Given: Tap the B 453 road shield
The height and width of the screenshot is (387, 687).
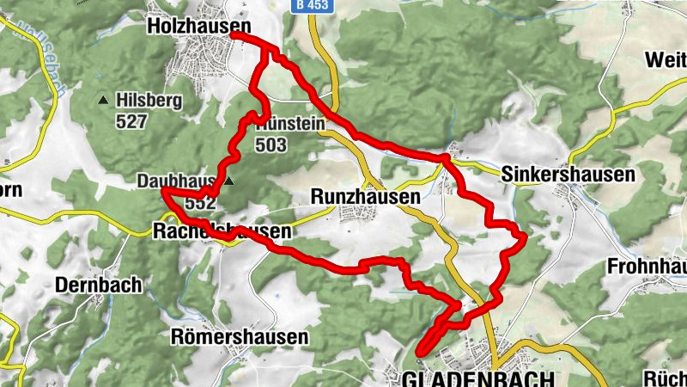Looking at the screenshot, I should pyautogui.click(x=312, y=5).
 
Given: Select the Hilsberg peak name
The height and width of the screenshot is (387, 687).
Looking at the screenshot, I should pyautogui.click(x=151, y=101).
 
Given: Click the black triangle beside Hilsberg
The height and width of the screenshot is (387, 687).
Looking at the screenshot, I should pyautogui.click(x=104, y=101).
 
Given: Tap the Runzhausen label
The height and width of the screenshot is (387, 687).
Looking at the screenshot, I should pyautogui.click(x=365, y=197).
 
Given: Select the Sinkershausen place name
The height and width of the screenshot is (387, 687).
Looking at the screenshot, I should pyautogui.click(x=568, y=174).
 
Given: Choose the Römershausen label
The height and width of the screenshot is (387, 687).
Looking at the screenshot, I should pyautogui.click(x=239, y=337).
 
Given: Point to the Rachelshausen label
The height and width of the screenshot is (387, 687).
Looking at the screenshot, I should pyautogui.click(x=221, y=231).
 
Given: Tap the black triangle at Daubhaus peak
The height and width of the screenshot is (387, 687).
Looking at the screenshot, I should pyautogui.click(x=229, y=181).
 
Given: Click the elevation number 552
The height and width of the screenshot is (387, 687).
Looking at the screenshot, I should pyautogui.click(x=200, y=204).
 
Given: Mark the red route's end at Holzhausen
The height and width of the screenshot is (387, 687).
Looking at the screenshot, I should pyautogui.click(x=233, y=36).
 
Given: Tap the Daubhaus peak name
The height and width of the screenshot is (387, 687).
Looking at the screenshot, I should pyautogui.click(x=175, y=181).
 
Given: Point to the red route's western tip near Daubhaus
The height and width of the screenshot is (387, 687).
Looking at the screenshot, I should pyautogui.click(x=163, y=190).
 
